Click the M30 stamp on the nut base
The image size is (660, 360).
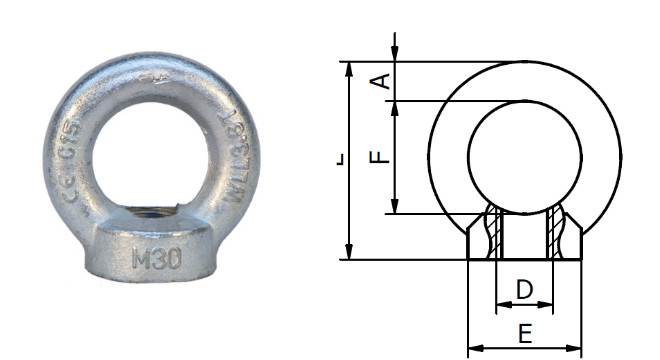156,259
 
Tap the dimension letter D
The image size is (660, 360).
524,290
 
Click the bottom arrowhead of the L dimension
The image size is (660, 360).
349,253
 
